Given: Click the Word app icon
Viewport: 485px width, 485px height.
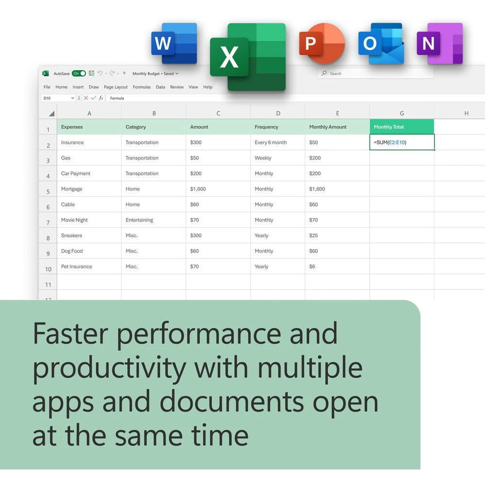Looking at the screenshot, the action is point(174,43).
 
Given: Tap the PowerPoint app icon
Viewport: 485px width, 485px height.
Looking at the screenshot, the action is point(322,43).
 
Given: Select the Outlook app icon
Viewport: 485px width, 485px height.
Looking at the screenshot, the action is point(381,43).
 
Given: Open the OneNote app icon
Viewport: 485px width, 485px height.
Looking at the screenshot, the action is point(440,43).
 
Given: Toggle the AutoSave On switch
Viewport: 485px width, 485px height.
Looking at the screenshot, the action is point(79,73).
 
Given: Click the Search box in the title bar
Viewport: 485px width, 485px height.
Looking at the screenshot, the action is point(375,73).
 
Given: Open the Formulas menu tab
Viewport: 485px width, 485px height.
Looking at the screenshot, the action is point(142,87).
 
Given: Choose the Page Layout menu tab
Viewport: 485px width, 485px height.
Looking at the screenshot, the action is point(116,87).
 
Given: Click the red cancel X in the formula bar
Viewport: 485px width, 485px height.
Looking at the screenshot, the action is point(86,98).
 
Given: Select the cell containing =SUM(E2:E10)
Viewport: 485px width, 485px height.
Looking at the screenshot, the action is point(402,142).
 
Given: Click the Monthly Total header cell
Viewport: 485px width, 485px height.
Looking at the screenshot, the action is point(402,127).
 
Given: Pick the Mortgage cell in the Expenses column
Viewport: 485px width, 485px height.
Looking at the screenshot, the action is point(89,189).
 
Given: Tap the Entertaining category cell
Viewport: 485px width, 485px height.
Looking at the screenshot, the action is point(154,220).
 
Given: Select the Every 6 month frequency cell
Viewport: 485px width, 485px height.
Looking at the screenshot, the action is point(278,142).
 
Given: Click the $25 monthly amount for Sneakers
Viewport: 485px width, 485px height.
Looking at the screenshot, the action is point(337,235).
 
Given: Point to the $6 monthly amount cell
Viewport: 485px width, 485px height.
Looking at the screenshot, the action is point(337,266).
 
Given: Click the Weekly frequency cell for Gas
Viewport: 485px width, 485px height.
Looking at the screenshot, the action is point(278,158).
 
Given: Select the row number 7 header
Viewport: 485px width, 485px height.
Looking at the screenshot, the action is point(48,223).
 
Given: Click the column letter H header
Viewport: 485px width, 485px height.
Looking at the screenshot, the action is point(466,113).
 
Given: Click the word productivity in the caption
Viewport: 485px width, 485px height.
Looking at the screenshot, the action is point(110,369).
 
